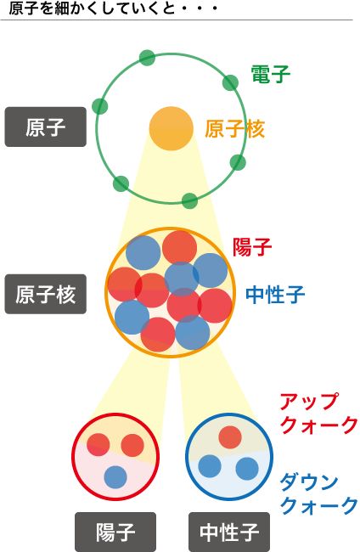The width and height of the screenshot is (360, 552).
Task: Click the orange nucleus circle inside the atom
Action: coord(172,128)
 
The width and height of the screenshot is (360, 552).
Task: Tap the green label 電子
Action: coord(271,74)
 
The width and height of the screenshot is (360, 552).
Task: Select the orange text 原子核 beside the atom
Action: coord(234,129)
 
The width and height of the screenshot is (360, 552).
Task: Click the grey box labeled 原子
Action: coord(45,127)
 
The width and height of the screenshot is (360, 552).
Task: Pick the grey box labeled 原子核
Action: coord(45,294)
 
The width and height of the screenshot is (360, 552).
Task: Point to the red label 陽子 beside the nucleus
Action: coord(252,247)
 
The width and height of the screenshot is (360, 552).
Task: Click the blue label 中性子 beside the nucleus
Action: coord(275,295)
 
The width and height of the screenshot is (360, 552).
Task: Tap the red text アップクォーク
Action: coord(318,414)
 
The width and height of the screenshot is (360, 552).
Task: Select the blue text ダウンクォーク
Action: coord(318,494)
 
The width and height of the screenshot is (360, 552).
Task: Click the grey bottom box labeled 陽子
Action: coord(115,532)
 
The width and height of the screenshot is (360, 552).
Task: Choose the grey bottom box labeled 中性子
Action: coord(229,532)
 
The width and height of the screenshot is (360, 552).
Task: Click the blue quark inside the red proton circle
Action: coord(115,477)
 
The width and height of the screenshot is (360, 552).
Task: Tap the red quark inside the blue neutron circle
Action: coord(230,437)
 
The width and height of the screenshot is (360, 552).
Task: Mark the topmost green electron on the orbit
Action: coord(147,58)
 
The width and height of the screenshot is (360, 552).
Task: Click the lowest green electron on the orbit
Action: coord(189,200)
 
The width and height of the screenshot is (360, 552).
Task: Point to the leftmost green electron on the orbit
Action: coord(100,106)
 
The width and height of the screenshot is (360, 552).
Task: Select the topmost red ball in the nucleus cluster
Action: coord(179,248)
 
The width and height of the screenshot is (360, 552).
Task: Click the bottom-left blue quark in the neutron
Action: coord(210,466)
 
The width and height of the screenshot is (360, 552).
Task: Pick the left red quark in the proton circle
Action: coord(98,445)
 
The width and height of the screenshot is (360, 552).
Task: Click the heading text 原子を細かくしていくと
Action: coord(93,8)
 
